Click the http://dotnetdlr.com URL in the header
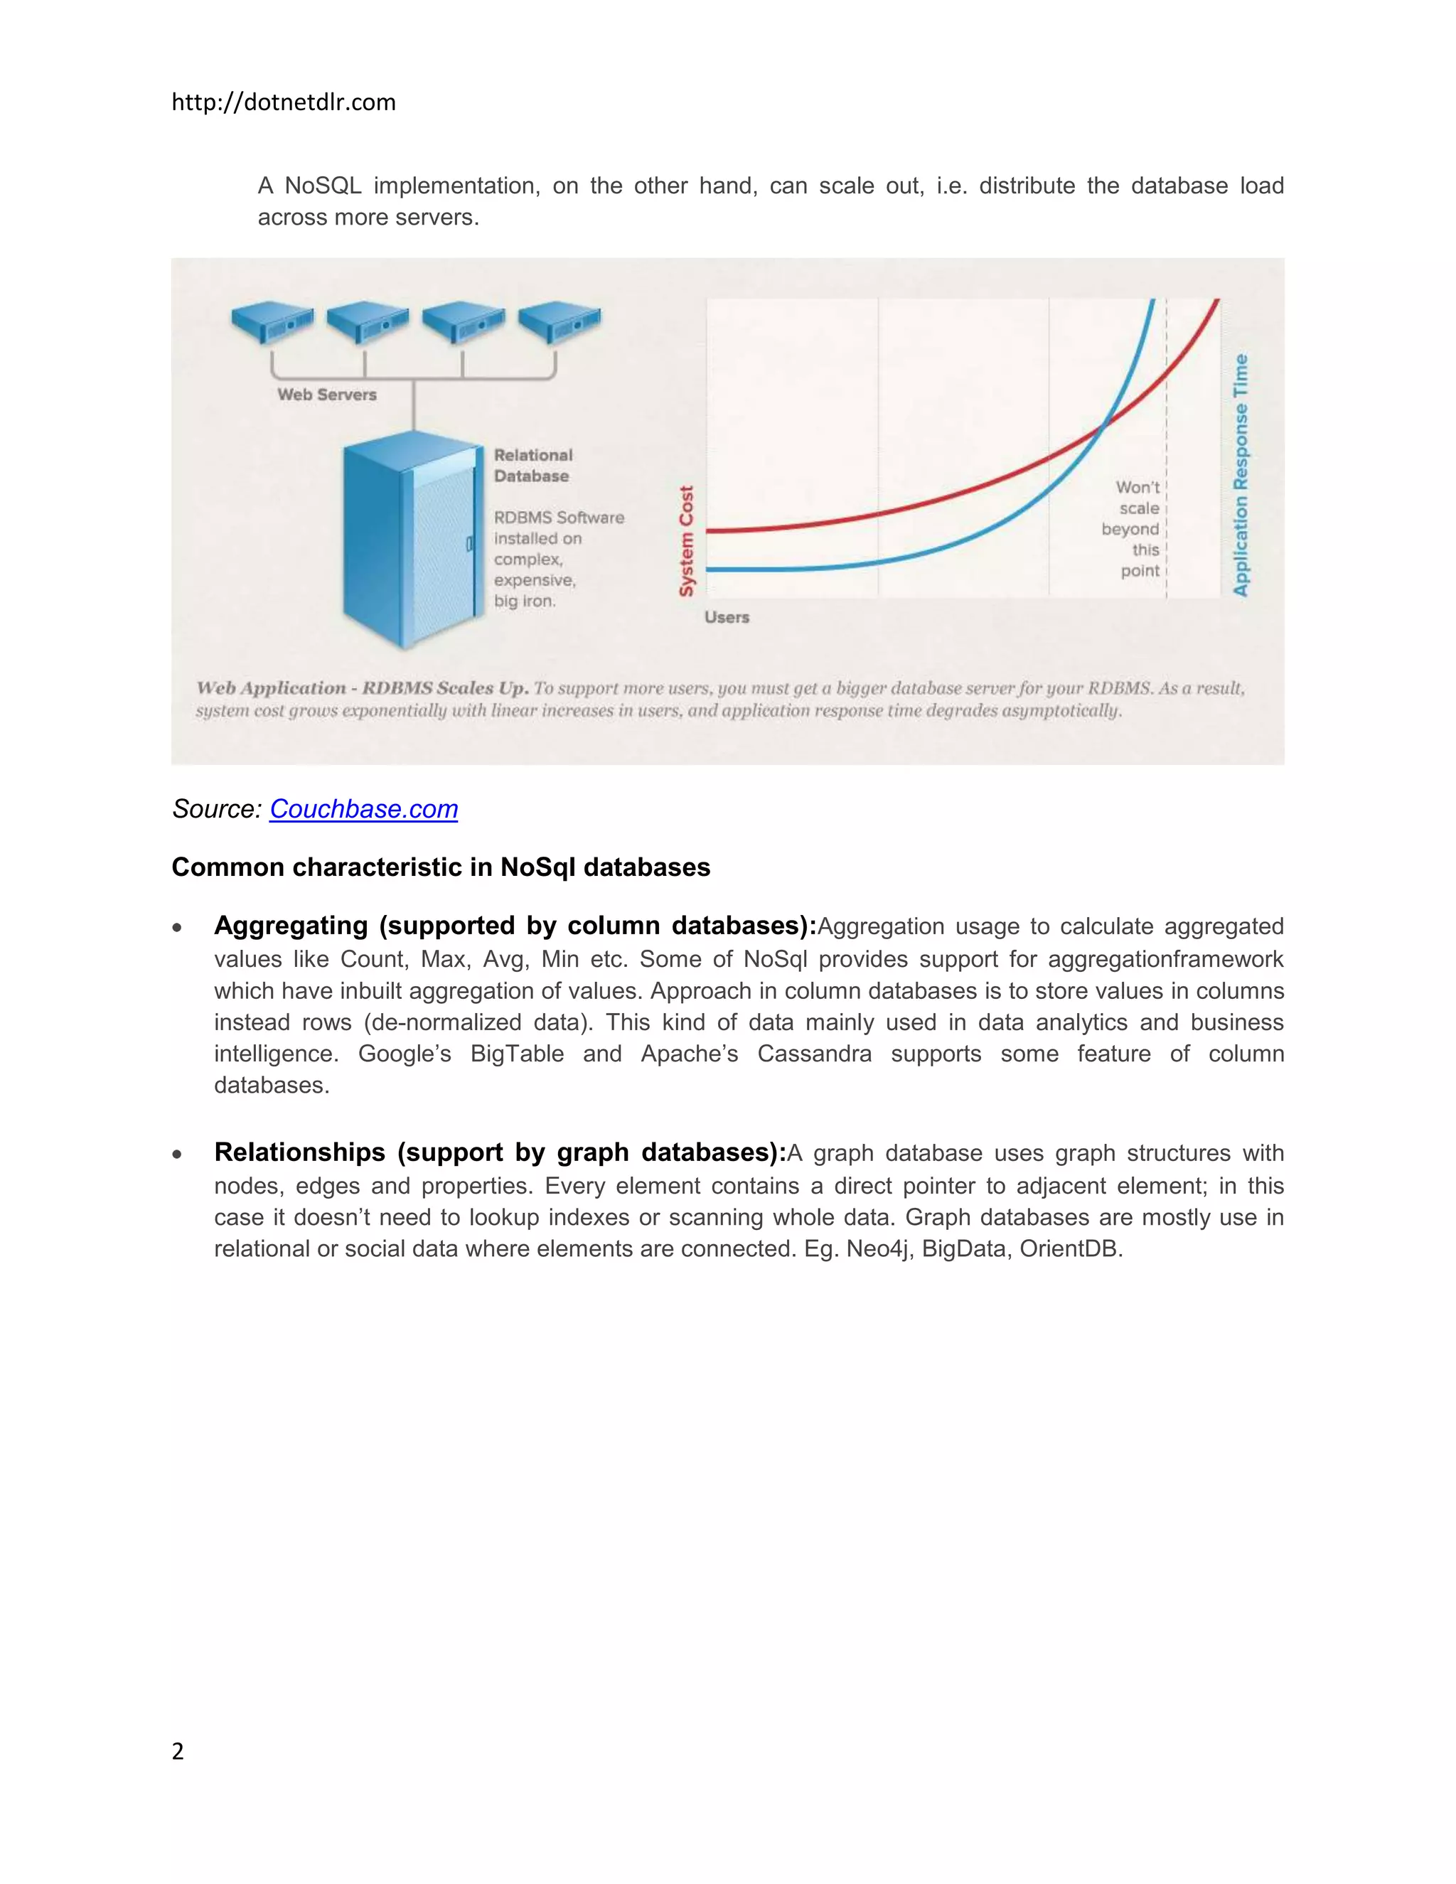[x=283, y=102]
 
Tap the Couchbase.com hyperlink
[x=363, y=809]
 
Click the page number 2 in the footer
[x=178, y=1750]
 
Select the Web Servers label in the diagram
[x=327, y=395]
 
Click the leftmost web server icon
[x=272, y=321]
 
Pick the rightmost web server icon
[x=559, y=321]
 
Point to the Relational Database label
[x=532, y=466]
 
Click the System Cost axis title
[x=687, y=541]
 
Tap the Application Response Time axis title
[x=1241, y=474]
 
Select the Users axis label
[x=727, y=618]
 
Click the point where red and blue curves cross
[x=1103, y=424]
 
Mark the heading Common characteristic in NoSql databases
[x=441, y=867]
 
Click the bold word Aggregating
[x=291, y=926]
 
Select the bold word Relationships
[x=299, y=1152]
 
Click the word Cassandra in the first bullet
[x=814, y=1054]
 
